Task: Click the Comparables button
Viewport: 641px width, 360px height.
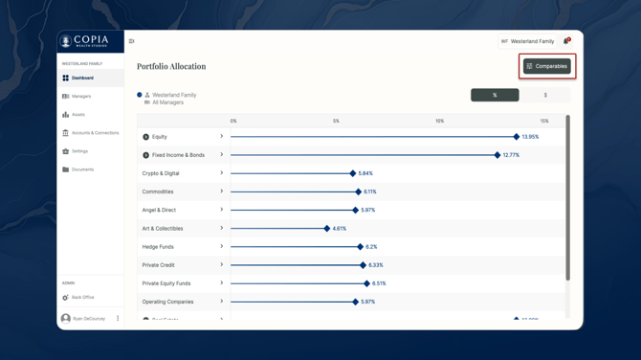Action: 546,66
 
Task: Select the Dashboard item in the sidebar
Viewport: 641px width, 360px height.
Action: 82,79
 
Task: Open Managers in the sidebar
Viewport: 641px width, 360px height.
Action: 80,97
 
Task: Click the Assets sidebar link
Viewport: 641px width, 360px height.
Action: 77,115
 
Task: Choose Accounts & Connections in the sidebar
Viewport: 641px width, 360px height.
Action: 95,133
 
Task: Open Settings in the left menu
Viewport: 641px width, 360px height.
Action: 79,151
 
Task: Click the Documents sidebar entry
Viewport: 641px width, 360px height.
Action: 82,169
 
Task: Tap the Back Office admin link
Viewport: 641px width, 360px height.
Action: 82,298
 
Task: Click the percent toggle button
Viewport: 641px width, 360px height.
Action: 495,95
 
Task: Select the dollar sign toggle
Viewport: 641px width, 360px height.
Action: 545,95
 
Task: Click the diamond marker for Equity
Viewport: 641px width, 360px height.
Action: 517,137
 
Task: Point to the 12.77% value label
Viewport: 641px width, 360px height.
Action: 511,155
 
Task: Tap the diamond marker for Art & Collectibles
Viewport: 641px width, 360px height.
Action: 327,229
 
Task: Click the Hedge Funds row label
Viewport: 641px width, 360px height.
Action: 158,247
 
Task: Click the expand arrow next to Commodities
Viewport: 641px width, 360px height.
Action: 221,191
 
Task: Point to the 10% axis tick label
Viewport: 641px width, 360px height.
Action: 439,122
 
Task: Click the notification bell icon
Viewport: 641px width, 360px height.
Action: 566,41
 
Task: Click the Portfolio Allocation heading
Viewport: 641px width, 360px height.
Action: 171,67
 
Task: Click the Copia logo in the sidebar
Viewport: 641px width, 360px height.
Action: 84,41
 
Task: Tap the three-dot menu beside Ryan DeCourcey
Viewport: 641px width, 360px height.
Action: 118,319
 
